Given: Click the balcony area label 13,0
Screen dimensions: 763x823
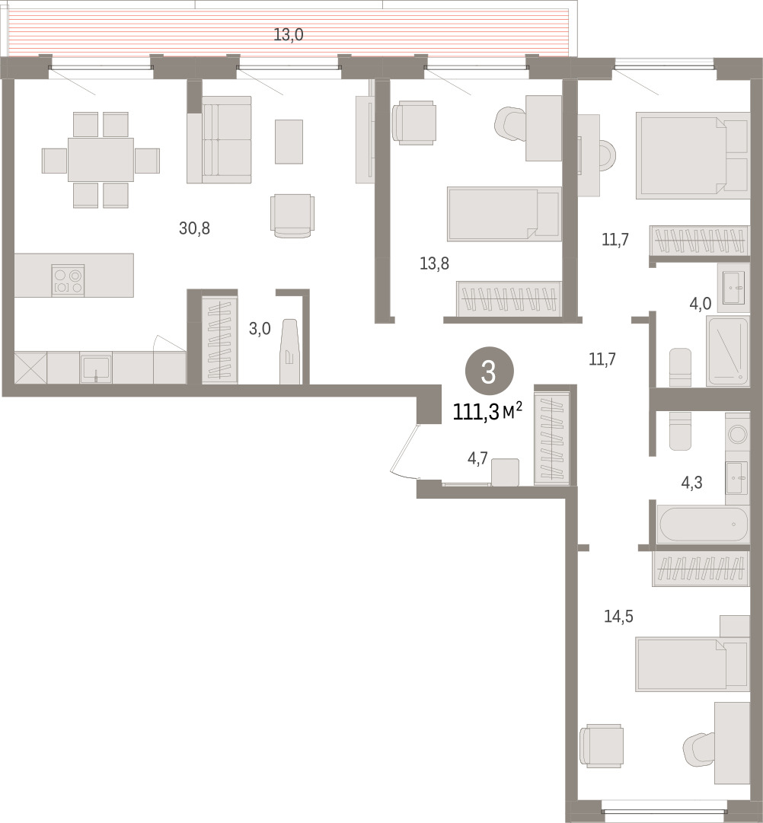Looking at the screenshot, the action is coord(289,35).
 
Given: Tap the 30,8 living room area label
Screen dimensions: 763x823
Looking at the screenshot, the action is coord(194,228).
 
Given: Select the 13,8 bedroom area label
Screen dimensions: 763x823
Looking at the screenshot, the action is coord(434,263).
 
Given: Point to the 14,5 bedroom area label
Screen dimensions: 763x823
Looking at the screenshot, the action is coord(618,616).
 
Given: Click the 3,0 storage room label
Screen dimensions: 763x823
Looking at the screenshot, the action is coord(260,329).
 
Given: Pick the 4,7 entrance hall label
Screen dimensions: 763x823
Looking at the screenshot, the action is coord(478,459).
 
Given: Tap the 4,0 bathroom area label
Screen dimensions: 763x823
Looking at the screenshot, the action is coord(701,303).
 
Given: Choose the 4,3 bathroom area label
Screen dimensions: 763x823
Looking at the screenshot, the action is coord(691,483).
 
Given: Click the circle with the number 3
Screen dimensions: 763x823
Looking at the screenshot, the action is coord(489,372).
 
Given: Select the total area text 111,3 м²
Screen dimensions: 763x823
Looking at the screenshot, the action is coord(487,412).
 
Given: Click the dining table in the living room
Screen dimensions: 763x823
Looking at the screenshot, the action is coord(101,160).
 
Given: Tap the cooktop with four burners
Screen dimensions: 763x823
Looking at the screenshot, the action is coord(69,280).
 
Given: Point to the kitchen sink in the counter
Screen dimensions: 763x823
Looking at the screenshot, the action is coord(96,368).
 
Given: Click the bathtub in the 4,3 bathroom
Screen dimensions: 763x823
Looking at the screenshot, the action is coord(701,524).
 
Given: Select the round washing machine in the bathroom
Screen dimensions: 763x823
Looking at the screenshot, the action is coord(738,434).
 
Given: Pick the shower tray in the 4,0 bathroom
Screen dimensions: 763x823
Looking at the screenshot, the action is coord(727,351).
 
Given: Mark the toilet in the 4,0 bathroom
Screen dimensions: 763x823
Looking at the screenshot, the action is coord(681,367).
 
